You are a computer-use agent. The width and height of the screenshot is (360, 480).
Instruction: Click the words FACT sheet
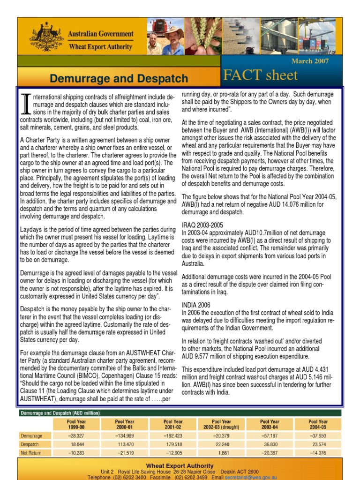[261, 75]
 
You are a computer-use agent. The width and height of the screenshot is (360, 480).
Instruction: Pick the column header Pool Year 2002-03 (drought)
[221, 424]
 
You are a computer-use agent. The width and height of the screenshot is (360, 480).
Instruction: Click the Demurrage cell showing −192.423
[173, 435]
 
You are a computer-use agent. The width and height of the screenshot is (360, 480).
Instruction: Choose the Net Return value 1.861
[222, 453]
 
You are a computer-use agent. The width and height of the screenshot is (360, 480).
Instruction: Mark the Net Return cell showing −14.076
[318, 453]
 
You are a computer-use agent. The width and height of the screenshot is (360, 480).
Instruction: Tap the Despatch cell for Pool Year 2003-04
[270, 444]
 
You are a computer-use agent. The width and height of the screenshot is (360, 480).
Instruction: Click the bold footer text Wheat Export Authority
[180, 465]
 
